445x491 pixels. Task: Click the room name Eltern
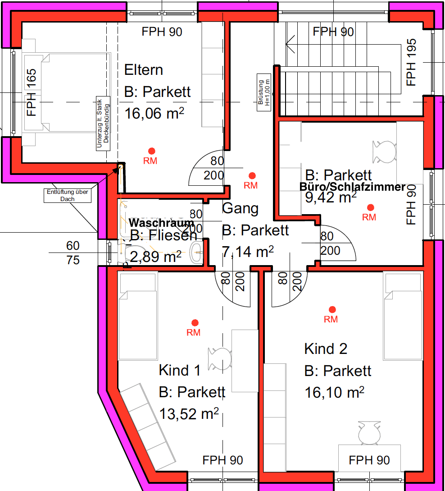click(x=143, y=70)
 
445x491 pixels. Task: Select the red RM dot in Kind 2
click(x=332, y=309)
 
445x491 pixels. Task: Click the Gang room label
click(x=241, y=208)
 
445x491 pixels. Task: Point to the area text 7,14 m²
click(x=248, y=252)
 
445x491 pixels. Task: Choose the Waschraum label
click(x=162, y=223)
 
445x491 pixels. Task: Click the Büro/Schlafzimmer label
click(x=353, y=187)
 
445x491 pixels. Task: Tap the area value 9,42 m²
click(x=331, y=197)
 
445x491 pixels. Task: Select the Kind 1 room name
click(x=179, y=371)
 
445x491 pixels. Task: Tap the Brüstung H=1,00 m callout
click(x=264, y=92)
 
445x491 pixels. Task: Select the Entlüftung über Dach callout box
click(x=68, y=195)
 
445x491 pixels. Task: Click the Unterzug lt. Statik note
click(x=103, y=124)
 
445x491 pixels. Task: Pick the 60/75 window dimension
click(x=73, y=253)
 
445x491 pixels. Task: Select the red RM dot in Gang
click(x=252, y=175)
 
